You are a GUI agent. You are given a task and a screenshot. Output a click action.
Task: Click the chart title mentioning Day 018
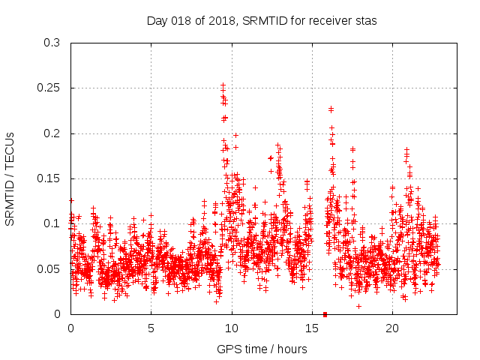261,20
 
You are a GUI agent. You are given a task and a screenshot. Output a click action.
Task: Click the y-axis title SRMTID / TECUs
10,178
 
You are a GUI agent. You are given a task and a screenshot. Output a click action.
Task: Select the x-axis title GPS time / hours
259,349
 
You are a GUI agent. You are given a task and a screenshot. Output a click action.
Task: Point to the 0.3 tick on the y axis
52,43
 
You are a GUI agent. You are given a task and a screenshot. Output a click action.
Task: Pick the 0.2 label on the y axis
52,133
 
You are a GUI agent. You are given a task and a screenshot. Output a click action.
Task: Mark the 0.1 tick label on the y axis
52,223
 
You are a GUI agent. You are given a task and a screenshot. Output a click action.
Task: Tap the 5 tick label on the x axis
151,328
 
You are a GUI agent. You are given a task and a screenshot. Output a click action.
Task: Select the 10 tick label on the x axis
232,328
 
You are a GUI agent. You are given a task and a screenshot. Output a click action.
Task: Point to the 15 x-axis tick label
312,328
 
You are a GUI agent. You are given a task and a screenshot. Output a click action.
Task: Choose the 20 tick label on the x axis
392,328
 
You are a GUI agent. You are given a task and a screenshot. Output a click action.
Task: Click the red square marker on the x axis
325,314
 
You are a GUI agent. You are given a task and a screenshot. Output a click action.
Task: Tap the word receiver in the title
332,20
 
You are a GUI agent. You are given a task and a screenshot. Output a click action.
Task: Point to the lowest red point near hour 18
358,306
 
